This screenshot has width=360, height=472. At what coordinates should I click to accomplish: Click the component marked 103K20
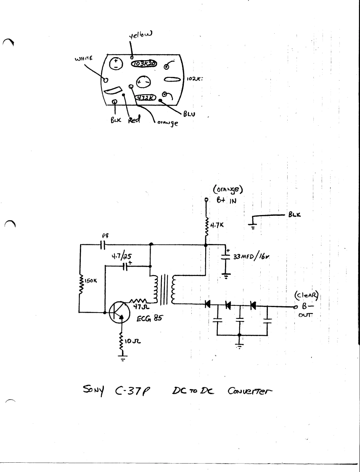tap(143, 64)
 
